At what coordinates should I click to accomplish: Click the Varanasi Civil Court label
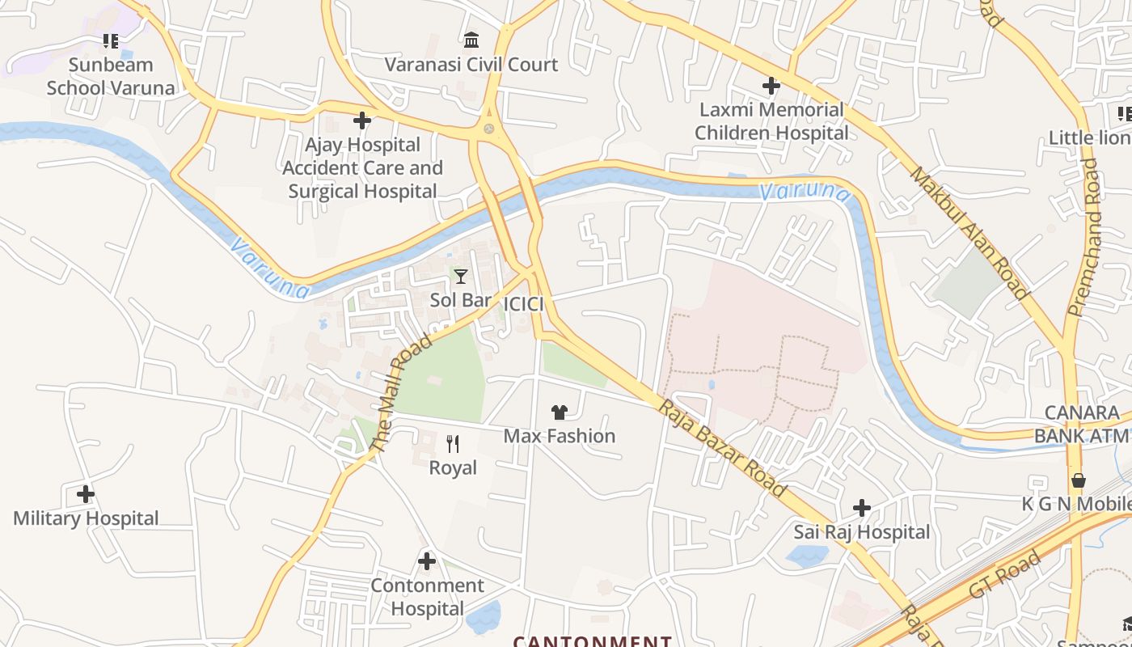click(x=471, y=65)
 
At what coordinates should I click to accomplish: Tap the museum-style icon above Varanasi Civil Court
click(x=471, y=40)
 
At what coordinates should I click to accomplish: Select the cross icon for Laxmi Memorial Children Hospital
click(x=771, y=85)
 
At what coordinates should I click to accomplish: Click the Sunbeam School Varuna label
click(x=111, y=76)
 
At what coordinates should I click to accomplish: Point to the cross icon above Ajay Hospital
click(x=362, y=121)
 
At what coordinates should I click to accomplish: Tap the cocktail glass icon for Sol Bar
click(x=461, y=277)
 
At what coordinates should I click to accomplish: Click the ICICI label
click(x=523, y=304)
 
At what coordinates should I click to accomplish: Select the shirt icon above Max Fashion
click(x=559, y=412)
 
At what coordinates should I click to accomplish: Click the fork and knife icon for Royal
click(x=453, y=443)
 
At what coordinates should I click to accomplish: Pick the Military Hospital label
click(x=86, y=518)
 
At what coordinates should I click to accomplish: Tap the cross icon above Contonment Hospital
click(x=427, y=560)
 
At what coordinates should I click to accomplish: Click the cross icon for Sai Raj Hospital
click(x=862, y=508)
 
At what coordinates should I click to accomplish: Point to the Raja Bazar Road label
click(x=721, y=447)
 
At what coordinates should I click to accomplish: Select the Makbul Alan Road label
click(x=968, y=233)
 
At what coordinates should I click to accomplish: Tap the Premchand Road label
click(x=1085, y=236)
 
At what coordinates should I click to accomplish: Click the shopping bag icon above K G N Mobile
click(x=1078, y=480)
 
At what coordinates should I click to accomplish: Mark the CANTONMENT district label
click(x=593, y=641)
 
